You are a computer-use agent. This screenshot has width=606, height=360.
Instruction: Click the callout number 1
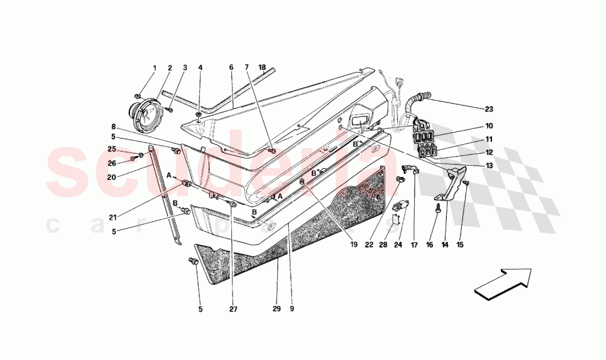[x=154, y=68]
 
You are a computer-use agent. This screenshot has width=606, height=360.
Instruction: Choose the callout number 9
[x=291, y=309]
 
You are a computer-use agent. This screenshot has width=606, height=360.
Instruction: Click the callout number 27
[x=233, y=309]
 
